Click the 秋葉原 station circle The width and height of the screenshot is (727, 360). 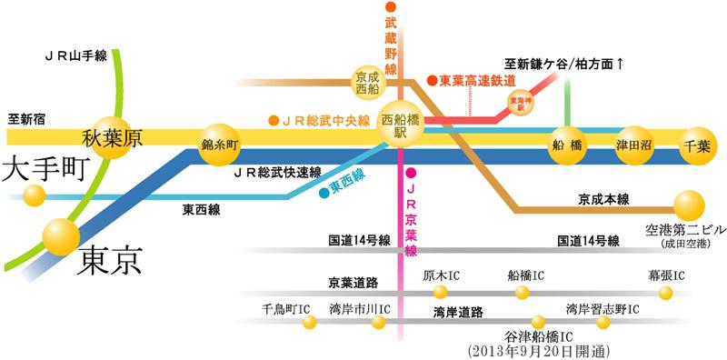pyautogui.click(x=113, y=138)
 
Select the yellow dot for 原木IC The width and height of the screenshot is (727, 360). pyautogui.click(x=441, y=292)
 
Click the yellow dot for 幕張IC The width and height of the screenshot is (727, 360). pyautogui.click(x=666, y=292)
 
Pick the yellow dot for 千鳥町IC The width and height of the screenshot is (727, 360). pyautogui.click(x=310, y=322)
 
